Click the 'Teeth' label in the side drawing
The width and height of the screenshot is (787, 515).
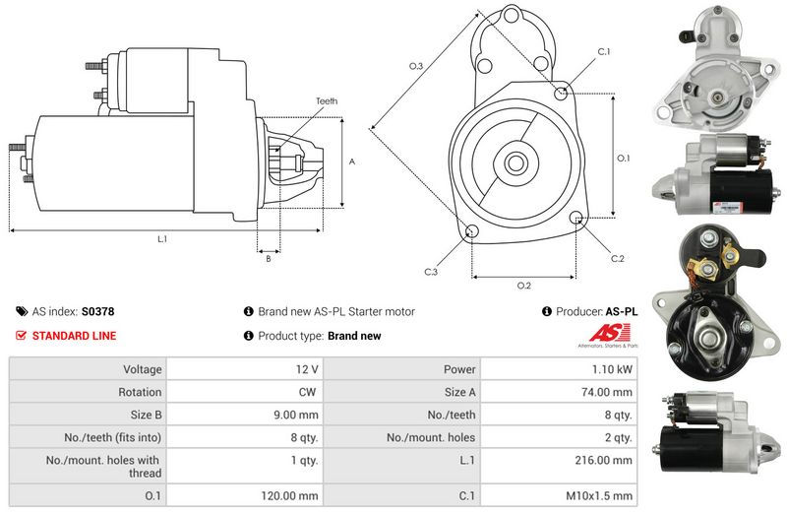point(327,101)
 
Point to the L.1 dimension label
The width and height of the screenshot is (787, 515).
point(161,239)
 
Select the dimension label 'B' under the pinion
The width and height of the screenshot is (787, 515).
point(269,259)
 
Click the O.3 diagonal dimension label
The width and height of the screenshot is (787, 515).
point(416,66)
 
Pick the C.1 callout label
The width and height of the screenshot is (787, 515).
point(604,51)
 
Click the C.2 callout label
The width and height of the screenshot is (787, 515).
point(617,259)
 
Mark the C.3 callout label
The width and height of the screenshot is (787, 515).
point(431,271)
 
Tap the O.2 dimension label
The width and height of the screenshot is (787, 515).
point(524,286)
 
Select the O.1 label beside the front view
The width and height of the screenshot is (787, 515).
point(623,158)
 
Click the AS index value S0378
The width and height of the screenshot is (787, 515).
point(97,311)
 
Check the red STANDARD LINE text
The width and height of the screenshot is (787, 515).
point(74,336)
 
